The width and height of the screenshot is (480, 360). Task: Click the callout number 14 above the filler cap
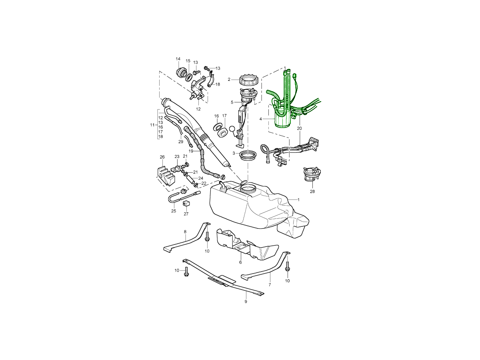(178, 59)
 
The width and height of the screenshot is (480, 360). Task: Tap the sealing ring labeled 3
(248, 156)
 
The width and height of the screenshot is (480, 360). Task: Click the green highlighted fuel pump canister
(283, 116)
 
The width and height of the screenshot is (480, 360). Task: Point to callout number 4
(260, 119)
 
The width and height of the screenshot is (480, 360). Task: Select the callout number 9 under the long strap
(246, 302)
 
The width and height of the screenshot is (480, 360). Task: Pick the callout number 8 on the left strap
(185, 232)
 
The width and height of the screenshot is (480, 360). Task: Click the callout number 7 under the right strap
(270, 285)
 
